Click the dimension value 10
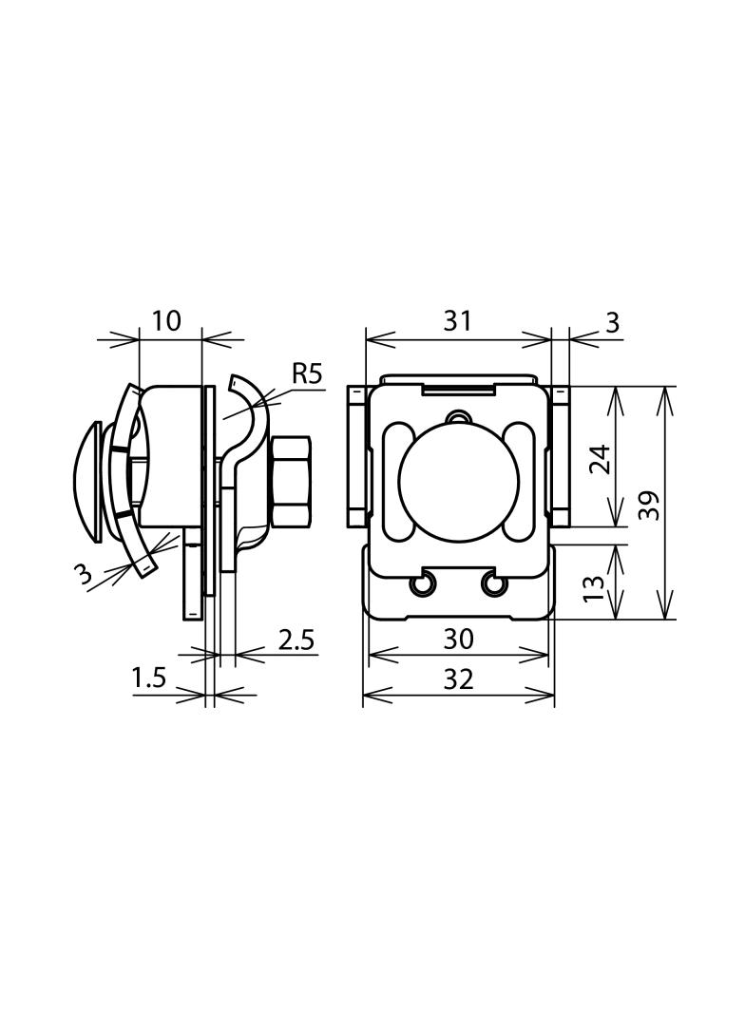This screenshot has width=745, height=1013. click(166, 320)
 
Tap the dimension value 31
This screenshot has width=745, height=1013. click(457, 320)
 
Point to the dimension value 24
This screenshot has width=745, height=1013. click(602, 459)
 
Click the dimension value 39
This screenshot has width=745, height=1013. click(649, 506)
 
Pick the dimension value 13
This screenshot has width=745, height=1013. click(593, 588)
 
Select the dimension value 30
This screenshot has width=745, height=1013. click(459, 639)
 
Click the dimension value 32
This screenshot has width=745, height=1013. click(459, 679)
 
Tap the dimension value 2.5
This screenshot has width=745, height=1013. click(296, 640)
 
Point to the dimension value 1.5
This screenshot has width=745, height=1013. click(149, 679)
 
